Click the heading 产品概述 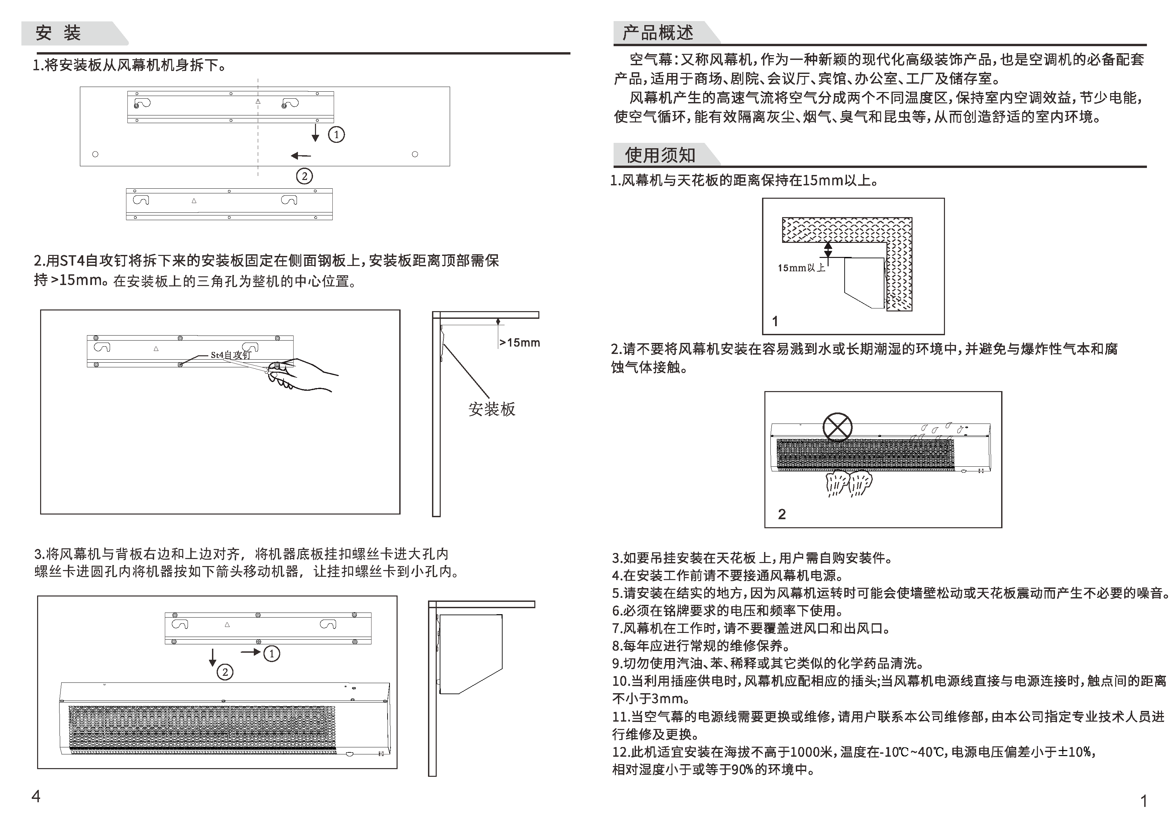click(x=657, y=33)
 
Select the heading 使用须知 click(x=660, y=155)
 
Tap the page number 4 click(x=36, y=796)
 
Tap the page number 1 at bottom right click(x=1144, y=801)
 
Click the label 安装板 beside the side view click(x=492, y=409)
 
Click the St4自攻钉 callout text click(x=231, y=355)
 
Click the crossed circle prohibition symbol click(x=837, y=427)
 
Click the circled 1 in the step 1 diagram click(x=336, y=135)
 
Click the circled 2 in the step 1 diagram click(x=305, y=176)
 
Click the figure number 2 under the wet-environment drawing click(x=782, y=514)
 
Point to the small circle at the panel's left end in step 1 click(x=95, y=154)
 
